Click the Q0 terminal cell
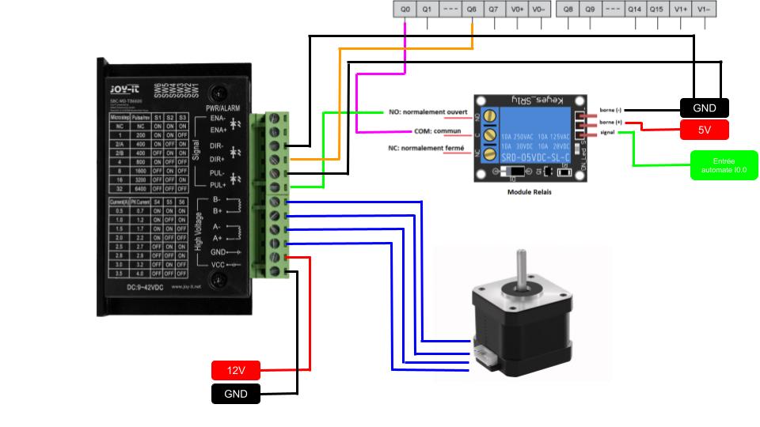click(405, 9)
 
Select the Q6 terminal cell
click(472, 9)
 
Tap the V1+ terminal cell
click(680, 9)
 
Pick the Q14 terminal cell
click(634, 9)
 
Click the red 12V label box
click(236, 370)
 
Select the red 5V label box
click(704, 130)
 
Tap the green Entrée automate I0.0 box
click(724, 165)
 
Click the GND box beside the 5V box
click(704, 108)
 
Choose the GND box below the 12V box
click(236, 394)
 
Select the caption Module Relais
click(529, 191)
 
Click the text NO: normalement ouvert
click(427, 111)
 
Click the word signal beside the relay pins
click(608, 133)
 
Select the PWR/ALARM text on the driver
click(223, 108)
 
